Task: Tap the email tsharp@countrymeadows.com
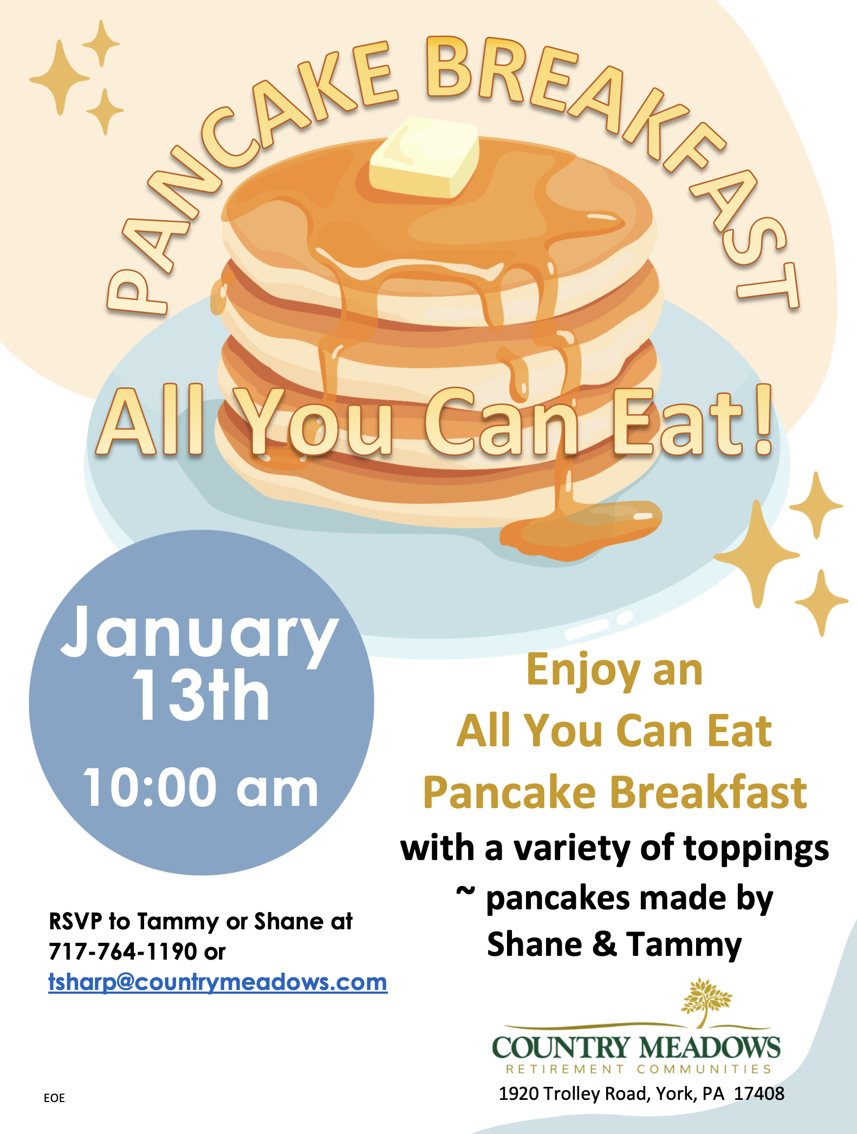(x=218, y=982)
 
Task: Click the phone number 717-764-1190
(x=122, y=951)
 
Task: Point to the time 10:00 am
(x=200, y=787)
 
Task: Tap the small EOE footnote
(x=54, y=1098)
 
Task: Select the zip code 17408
(x=759, y=1094)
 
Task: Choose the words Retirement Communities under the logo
(x=638, y=1069)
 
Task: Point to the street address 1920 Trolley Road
(x=574, y=1094)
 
